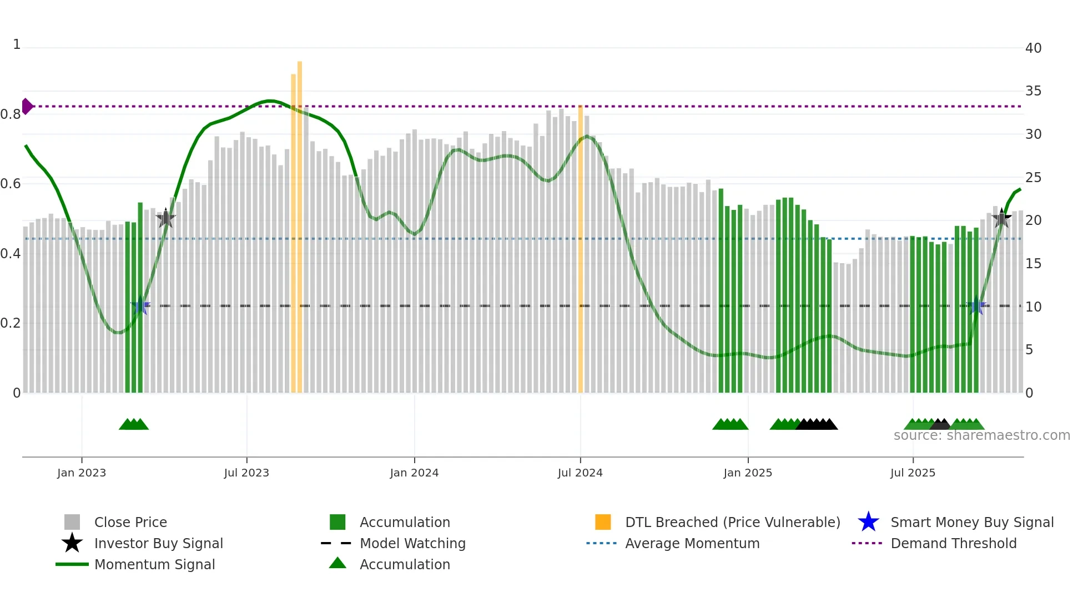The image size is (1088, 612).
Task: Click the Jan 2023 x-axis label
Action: click(x=81, y=473)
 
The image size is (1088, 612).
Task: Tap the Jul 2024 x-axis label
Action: click(x=580, y=473)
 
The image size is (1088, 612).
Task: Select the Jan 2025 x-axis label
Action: click(x=748, y=473)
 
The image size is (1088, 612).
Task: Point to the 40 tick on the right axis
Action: click(x=1033, y=48)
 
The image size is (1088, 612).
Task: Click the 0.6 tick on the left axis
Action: click(x=11, y=184)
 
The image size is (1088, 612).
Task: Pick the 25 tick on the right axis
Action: click(x=1033, y=178)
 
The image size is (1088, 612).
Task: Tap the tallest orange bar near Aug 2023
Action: click(x=300, y=222)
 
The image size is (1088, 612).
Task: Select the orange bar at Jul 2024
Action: click(x=581, y=250)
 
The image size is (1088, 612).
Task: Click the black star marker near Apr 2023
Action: click(x=165, y=218)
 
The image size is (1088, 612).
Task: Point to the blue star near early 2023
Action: click(x=140, y=305)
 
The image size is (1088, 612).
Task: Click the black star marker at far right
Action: click(x=1001, y=218)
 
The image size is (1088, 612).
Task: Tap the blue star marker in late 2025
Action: click(x=976, y=305)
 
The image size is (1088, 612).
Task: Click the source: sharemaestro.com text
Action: click(x=981, y=435)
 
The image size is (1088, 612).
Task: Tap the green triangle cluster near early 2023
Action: click(x=134, y=424)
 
